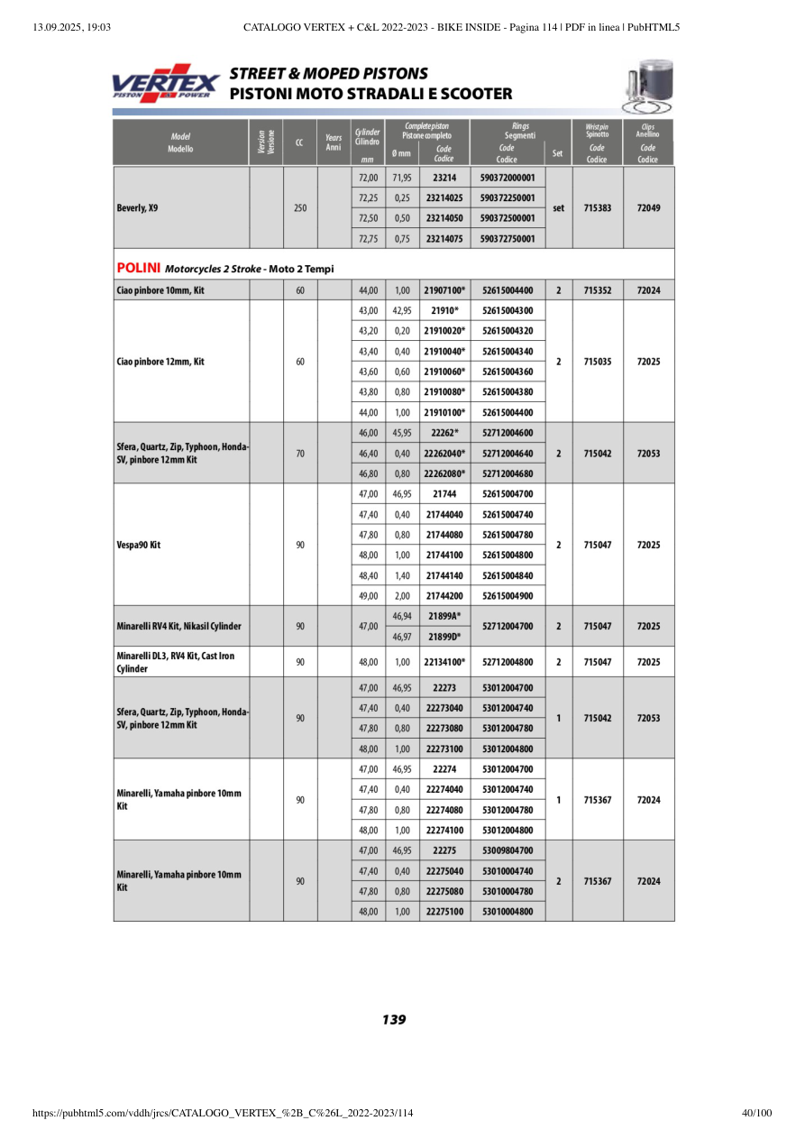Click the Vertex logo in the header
click(165, 83)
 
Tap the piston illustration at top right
click(646, 87)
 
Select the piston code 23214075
click(444, 239)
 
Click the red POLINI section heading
click(139, 268)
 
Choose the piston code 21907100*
click(444, 290)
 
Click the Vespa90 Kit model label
click(139, 545)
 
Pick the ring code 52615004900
click(508, 595)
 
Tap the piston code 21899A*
click(444, 615)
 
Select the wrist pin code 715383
click(598, 207)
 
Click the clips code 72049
click(648, 207)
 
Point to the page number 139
click(394, 1020)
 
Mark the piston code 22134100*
click(444, 662)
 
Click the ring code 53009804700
click(508, 850)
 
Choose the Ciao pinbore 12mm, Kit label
click(160, 362)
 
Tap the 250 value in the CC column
click(300, 207)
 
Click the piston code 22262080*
click(444, 473)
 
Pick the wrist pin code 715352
click(598, 290)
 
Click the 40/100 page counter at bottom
click(756, 1114)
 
